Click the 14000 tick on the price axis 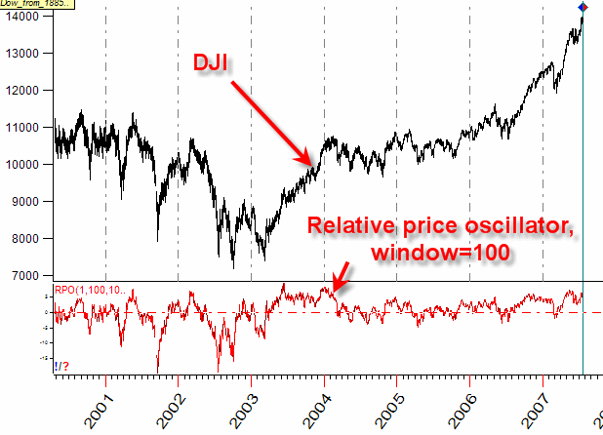click(22, 17)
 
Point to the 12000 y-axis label click(22, 91)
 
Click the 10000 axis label click(22, 165)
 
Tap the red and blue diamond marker click(583, 9)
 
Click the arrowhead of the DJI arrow click(309, 162)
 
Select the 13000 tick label click(22, 54)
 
